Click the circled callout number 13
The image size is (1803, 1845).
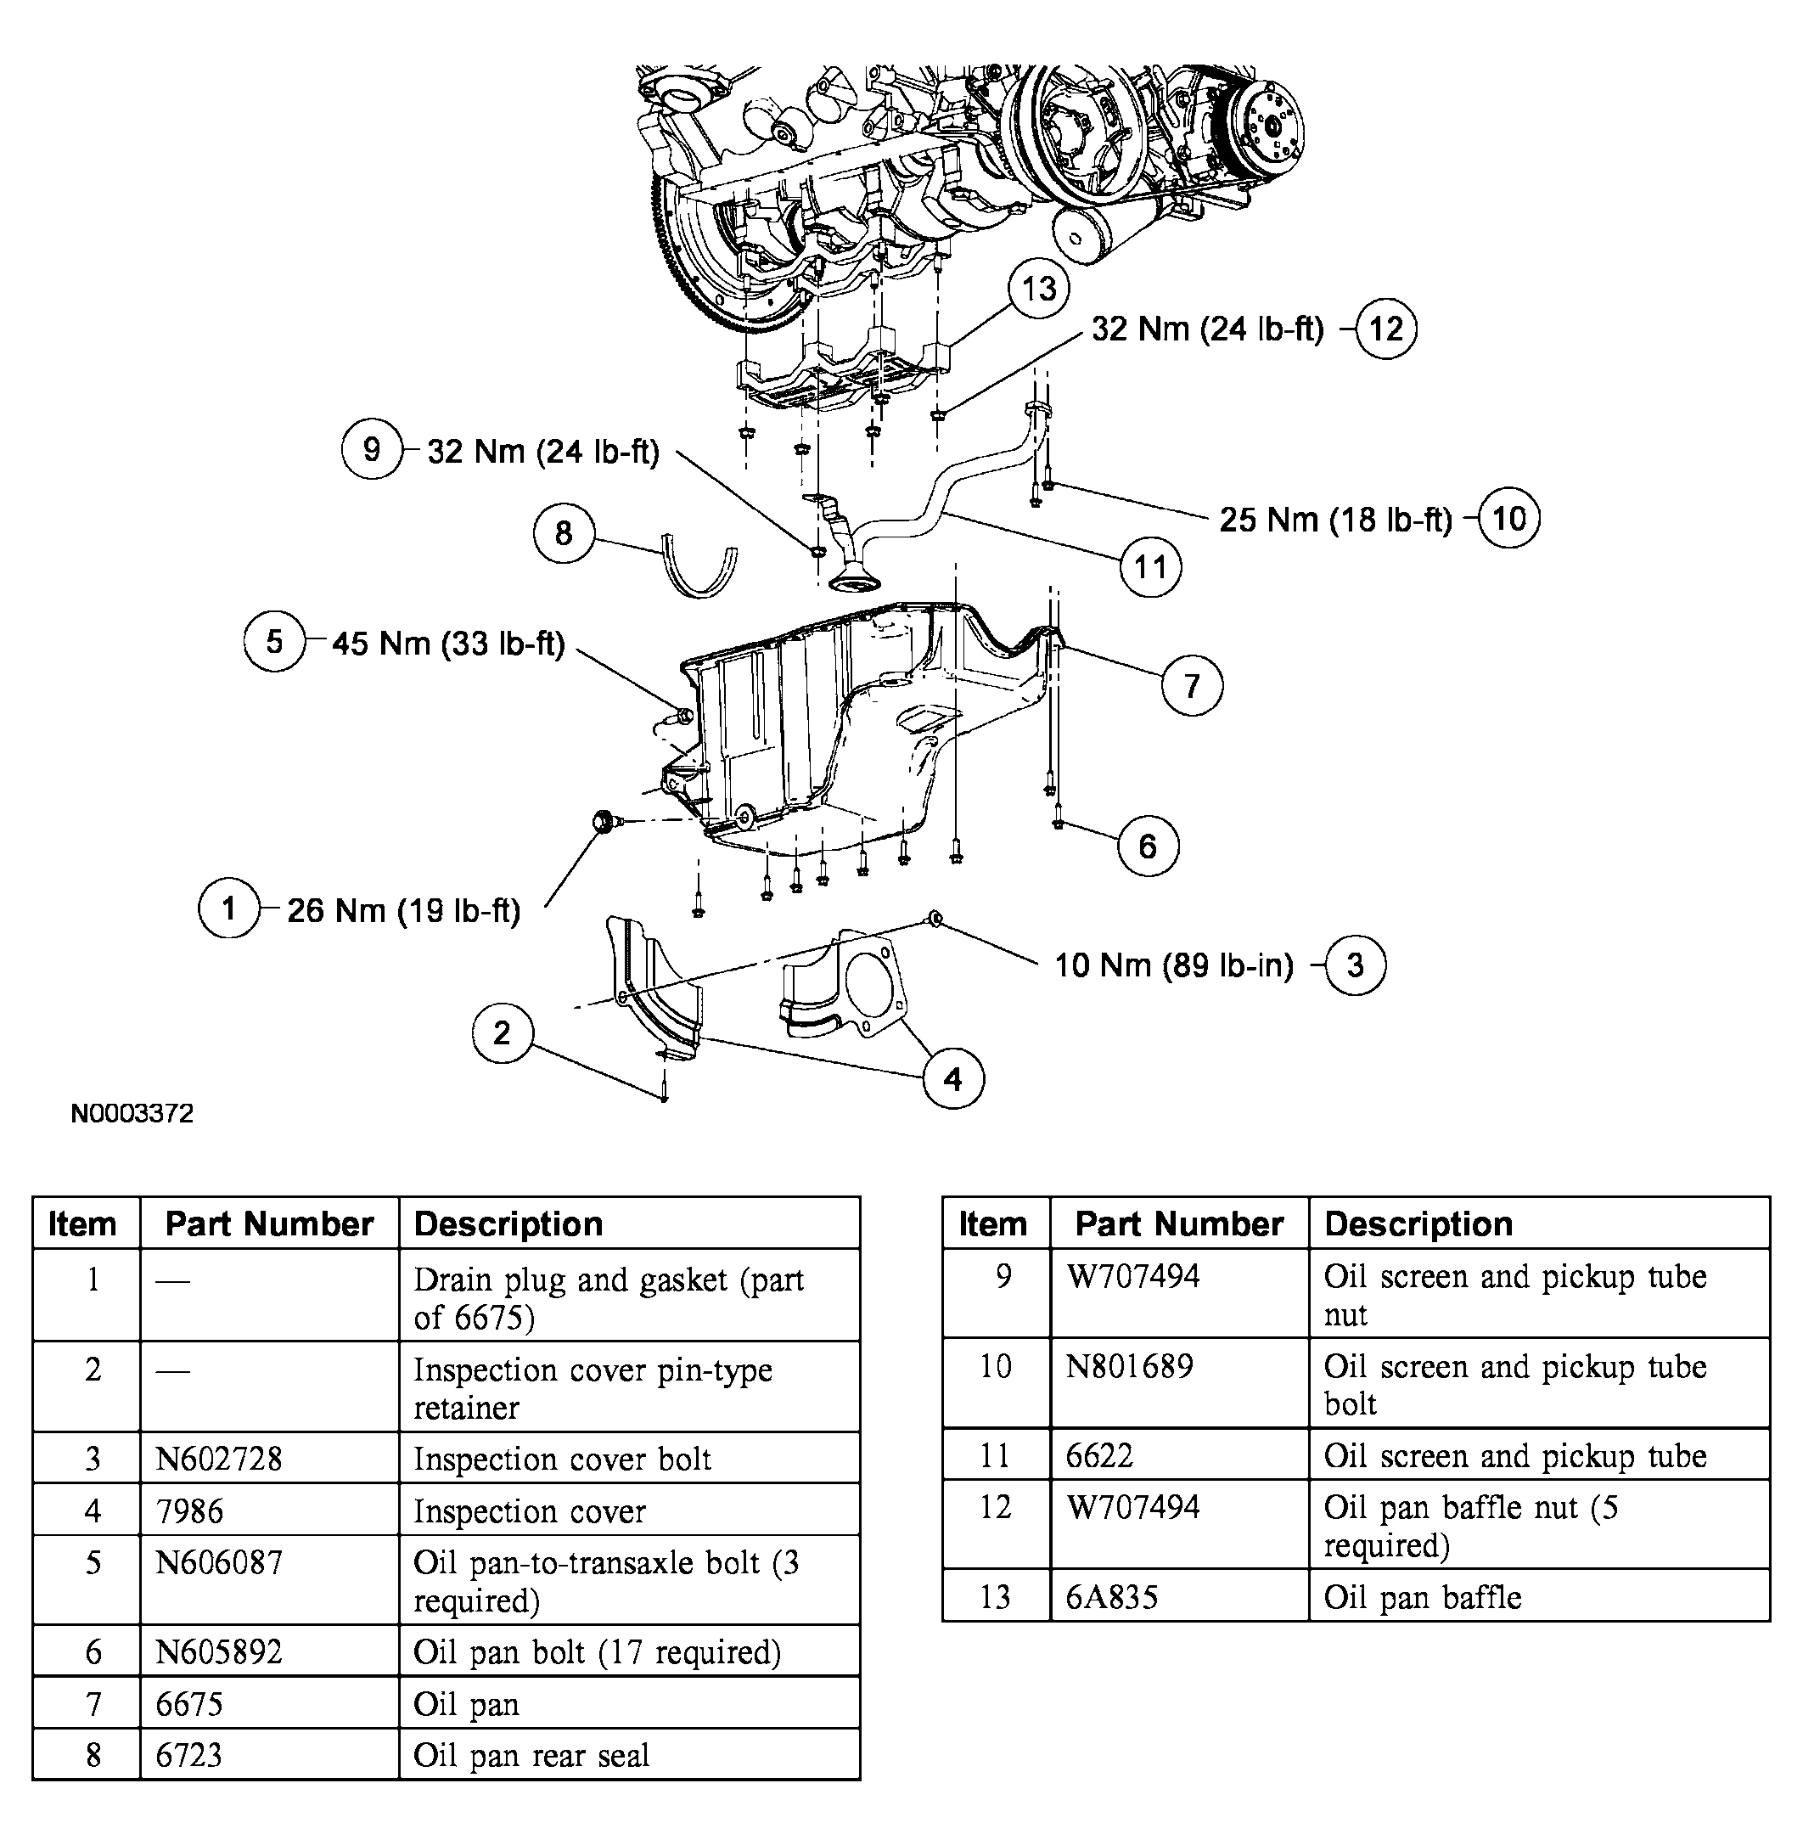(x=1039, y=289)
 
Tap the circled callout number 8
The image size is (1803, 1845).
(x=564, y=533)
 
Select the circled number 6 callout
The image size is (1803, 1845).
(x=1148, y=846)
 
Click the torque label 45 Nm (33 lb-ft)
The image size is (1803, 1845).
(x=448, y=644)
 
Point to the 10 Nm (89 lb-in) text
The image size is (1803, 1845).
(x=1173, y=965)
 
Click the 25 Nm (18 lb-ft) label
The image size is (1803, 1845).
(x=1335, y=519)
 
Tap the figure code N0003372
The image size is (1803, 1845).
(x=132, y=1113)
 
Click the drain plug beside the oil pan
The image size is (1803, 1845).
(x=602, y=821)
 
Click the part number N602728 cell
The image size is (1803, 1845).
(x=219, y=1459)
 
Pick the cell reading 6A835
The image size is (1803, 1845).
(x=1112, y=1598)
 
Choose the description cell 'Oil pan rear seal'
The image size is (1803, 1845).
(x=531, y=1755)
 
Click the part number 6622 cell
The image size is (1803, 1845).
(x=1098, y=1456)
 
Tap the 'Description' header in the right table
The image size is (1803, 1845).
(x=1418, y=1223)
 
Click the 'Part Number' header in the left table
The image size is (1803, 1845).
(x=269, y=1223)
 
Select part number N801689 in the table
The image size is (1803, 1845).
(x=1129, y=1367)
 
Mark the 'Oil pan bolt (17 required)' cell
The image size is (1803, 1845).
(x=597, y=1651)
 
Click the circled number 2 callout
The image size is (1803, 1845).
(x=502, y=1032)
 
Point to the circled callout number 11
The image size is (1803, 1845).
(x=1149, y=567)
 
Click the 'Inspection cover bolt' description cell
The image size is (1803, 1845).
(x=562, y=1459)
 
